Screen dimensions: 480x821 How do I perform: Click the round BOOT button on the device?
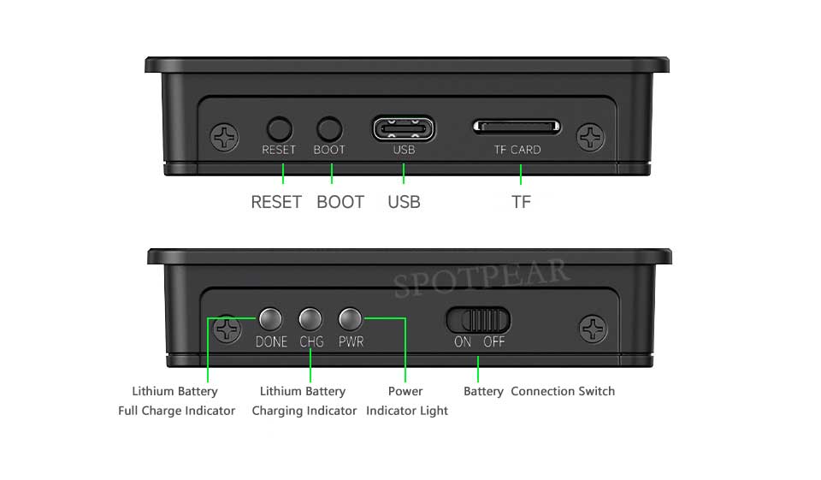[x=329, y=129]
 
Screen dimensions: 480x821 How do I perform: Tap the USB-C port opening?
[x=403, y=129]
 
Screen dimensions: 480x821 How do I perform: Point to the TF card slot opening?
[x=517, y=127]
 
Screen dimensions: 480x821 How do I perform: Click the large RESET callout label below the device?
[x=276, y=203]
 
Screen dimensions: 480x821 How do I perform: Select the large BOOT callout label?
[x=340, y=203]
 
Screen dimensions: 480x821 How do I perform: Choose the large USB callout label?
[x=404, y=203]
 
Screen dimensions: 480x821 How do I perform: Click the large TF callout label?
[x=521, y=203]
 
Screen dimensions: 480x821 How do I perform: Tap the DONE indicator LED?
[x=270, y=319]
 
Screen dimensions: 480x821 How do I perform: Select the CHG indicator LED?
[x=310, y=319]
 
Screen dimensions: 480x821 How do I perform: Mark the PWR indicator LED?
[x=351, y=319]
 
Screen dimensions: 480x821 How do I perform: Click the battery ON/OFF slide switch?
[x=478, y=320]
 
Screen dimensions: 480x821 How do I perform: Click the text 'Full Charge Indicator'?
[x=176, y=411]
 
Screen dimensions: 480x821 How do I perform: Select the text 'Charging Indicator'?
[x=304, y=411]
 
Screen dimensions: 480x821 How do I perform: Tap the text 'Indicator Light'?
[x=407, y=411]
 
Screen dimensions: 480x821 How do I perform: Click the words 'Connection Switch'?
[x=563, y=391]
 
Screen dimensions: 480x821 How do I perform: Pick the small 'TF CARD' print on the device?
[x=517, y=150]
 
